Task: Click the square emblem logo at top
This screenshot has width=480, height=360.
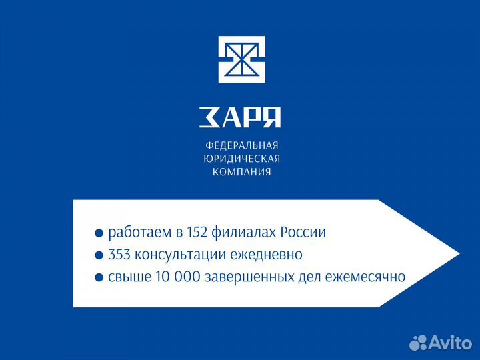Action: [x=242, y=59]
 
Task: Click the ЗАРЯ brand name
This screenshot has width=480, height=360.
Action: [x=240, y=117]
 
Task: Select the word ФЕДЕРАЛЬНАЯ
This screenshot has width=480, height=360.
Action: [x=241, y=145]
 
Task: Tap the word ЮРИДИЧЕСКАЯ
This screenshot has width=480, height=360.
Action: [x=241, y=159]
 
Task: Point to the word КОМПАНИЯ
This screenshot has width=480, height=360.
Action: [x=241, y=172]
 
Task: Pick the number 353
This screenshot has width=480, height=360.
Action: [x=120, y=255]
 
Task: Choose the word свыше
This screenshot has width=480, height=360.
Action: [x=126, y=277]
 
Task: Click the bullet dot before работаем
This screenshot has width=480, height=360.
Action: [x=99, y=234]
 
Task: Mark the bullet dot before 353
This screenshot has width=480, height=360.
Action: [x=99, y=255]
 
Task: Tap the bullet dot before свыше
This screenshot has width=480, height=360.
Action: [x=99, y=277]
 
